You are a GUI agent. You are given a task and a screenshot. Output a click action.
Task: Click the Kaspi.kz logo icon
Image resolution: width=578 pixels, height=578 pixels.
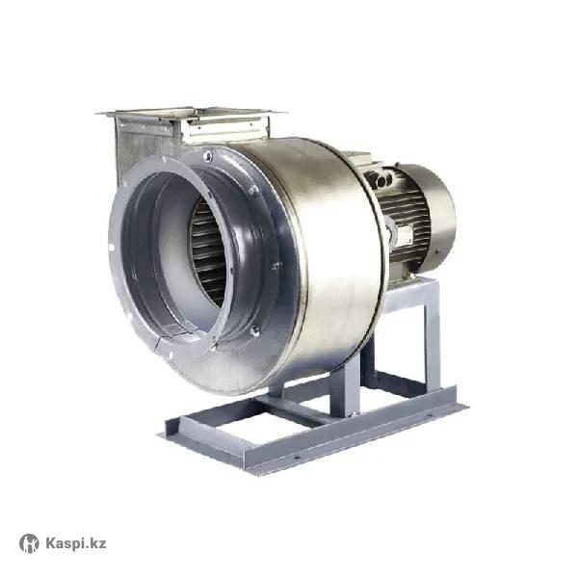[29, 543]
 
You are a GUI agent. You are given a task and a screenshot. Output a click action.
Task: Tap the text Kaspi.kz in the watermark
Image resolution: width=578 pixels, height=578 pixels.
[76, 543]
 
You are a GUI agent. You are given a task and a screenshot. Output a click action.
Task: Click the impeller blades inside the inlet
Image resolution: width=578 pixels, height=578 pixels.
[207, 254]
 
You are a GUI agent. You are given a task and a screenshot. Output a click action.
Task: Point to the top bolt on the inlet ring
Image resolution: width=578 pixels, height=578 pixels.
[207, 156]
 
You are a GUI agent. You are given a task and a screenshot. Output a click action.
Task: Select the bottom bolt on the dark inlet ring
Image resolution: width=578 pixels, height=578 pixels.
[254, 330]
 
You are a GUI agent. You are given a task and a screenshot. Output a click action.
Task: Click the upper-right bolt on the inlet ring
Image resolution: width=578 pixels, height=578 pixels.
[253, 190]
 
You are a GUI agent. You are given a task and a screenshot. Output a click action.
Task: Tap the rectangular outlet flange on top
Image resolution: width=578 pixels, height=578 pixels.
[191, 115]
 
